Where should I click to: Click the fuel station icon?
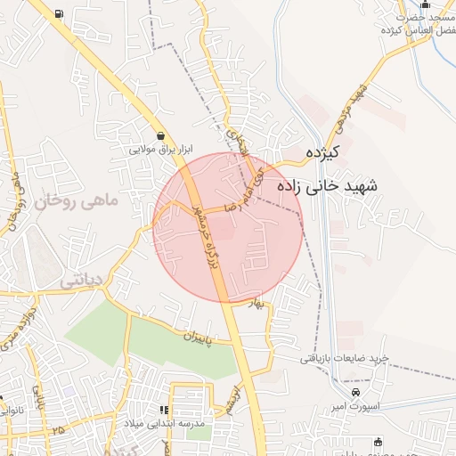coord(59,13)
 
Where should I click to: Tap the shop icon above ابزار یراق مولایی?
coord(159,135)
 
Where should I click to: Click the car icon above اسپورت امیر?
coord(356,393)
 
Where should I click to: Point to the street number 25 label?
coord(59,430)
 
